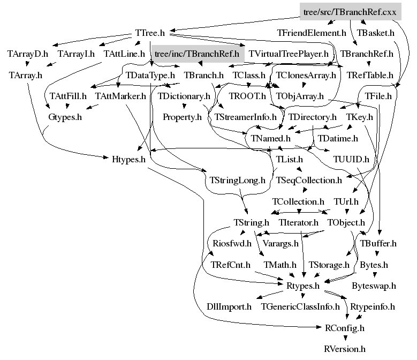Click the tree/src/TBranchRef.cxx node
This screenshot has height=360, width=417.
pos(350,11)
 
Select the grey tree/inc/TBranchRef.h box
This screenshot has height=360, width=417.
pos(196,54)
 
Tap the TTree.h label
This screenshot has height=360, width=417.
pos(150,33)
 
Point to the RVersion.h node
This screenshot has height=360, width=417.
pos(345,348)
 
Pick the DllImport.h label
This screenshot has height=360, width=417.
pos(229,306)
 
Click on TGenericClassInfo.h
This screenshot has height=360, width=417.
pos(300,306)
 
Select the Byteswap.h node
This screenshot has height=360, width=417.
pos(374,286)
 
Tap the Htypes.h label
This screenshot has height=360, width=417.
pos(128,159)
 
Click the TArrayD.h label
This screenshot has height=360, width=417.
pos(28,54)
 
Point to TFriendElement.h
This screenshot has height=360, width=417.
pos(312,33)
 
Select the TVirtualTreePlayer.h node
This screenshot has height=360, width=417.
pos(289,54)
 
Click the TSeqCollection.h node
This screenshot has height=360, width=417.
pos(308,180)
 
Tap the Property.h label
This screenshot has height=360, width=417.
pos(182,117)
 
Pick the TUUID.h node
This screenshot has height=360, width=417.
pos(351,159)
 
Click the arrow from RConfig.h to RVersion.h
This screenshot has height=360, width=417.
pos(345,337)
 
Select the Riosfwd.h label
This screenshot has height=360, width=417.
pos(232,243)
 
